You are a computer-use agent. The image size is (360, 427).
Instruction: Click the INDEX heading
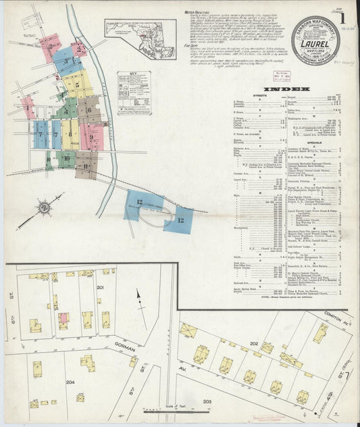[287, 89]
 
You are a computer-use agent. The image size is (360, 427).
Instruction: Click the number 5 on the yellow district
[78, 85]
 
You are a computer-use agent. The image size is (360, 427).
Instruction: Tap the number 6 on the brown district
[88, 109]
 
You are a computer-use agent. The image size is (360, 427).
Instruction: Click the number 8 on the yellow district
[70, 134]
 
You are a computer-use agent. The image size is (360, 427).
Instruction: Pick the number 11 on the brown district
[86, 166]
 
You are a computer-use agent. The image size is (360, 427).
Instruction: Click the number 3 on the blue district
[66, 61]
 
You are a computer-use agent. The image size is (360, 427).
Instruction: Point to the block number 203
[207, 401]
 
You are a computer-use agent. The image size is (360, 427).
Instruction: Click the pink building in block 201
[63, 318]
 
